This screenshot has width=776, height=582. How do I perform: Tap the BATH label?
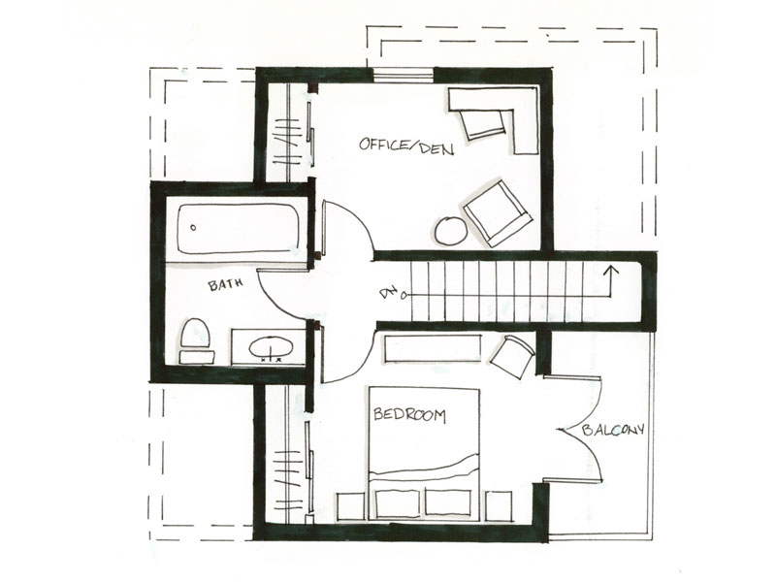tap(226, 286)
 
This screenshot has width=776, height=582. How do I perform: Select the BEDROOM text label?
tap(409, 415)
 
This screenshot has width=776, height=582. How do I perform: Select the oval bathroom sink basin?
tap(267, 345)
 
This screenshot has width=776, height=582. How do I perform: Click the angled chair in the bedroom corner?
tap(511, 354)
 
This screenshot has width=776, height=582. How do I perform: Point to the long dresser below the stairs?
tap(433, 348)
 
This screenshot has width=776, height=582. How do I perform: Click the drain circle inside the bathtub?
tap(193, 228)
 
